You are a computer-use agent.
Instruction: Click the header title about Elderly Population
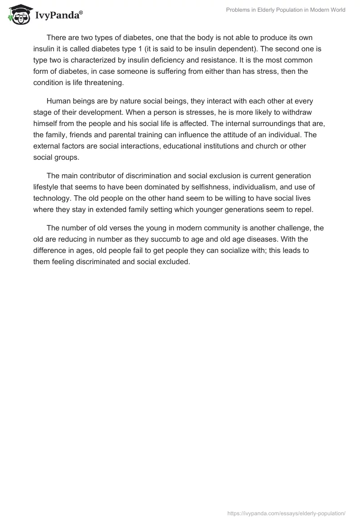286,10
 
